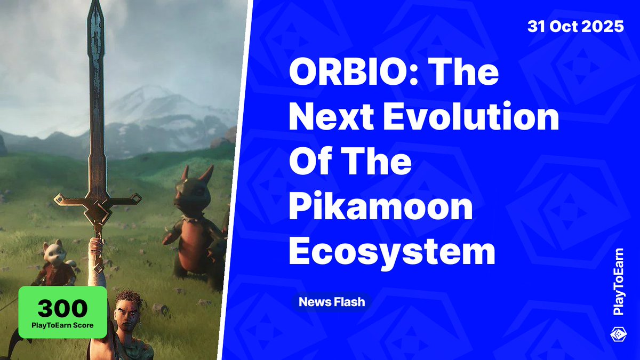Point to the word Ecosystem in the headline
[392, 252]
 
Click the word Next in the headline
[331, 117]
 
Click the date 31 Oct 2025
[575, 27]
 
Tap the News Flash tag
[332, 302]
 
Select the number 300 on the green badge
[62, 308]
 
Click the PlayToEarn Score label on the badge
[62, 325]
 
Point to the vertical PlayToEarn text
[619, 282]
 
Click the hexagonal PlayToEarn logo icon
[619, 335]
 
